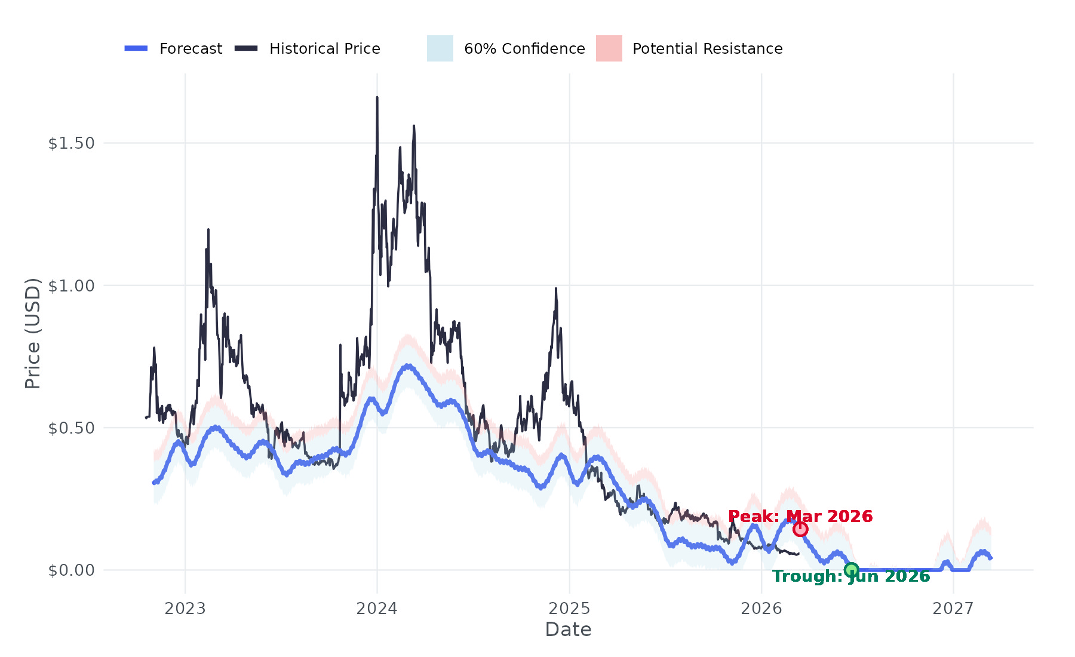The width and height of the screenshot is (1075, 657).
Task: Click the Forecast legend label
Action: tap(191, 49)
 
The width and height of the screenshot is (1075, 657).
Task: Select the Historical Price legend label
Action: tap(324, 49)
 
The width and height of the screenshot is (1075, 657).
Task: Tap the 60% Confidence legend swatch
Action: tap(440, 48)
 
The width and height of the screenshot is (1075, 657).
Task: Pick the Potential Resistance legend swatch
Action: tap(609, 48)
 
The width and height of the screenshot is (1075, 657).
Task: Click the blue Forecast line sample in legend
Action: tap(136, 48)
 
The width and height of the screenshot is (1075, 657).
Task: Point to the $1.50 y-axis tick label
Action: tap(72, 143)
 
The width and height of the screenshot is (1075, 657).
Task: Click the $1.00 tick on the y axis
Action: tap(72, 285)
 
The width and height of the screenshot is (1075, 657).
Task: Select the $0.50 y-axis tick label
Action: tap(72, 428)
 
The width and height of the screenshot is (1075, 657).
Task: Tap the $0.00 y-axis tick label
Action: tap(72, 570)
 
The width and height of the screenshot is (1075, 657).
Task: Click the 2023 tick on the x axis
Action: tap(185, 609)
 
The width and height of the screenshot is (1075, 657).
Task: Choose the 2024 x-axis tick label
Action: tap(377, 609)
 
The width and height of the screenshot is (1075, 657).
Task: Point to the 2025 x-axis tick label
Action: tap(569, 609)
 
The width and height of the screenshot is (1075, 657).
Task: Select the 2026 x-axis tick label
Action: tap(761, 609)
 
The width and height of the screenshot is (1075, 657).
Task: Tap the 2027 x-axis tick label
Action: tap(953, 609)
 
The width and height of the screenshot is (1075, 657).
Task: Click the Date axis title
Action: tap(568, 630)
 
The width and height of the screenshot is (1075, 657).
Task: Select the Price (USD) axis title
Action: tap(33, 333)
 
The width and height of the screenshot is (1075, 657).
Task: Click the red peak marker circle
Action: tap(800, 529)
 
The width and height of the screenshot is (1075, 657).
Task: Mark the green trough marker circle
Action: tap(852, 570)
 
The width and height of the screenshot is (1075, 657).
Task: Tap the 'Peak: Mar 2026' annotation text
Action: tap(800, 516)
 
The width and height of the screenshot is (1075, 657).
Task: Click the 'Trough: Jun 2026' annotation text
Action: tap(851, 576)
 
